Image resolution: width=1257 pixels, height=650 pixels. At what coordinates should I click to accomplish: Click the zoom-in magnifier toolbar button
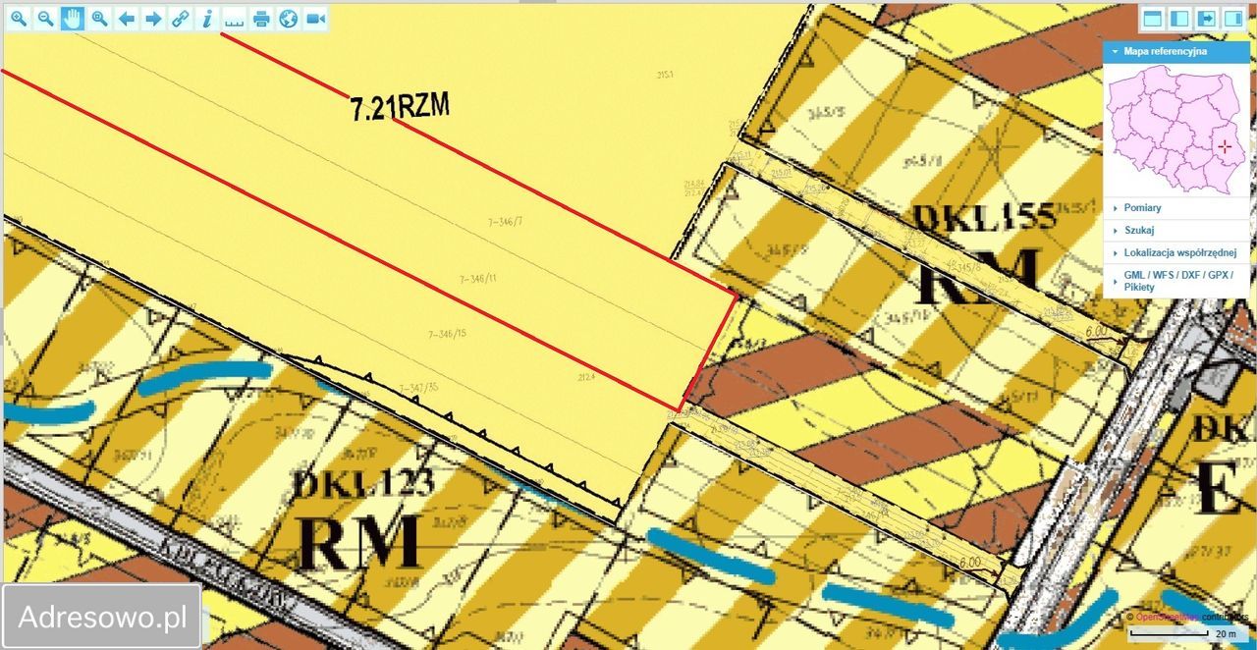coord(19,19)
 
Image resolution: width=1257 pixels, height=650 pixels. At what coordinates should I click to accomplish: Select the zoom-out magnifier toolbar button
coord(45,19)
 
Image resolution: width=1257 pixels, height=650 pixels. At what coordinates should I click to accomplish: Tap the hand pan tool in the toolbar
coord(72,19)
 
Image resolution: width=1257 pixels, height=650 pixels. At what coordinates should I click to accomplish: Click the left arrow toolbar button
coord(126,19)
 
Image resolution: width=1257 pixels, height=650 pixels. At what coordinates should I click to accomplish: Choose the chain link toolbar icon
coord(179,19)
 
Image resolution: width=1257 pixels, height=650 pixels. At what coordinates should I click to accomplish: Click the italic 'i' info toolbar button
coord(206,19)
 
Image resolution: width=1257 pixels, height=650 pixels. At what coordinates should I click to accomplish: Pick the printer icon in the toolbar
coord(260,19)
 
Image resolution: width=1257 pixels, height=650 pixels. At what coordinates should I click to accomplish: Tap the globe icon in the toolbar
coord(288,19)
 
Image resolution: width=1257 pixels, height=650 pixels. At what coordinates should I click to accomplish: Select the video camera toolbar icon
coord(314,19)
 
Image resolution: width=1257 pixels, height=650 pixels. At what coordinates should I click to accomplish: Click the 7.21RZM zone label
coord(400,106)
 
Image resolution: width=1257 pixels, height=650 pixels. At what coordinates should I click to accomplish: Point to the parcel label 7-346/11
coord(478,279)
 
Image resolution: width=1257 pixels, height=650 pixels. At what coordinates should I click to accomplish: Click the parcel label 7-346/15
coord(447,334)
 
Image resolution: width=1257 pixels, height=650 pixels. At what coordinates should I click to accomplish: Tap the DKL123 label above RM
coord(363,483)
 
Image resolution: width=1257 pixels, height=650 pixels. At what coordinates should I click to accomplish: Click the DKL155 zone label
coord(985,216)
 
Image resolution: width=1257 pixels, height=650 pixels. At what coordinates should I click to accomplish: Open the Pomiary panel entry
coord(1143,208)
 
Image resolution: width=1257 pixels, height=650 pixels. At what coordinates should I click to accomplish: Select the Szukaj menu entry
coord(1139,230)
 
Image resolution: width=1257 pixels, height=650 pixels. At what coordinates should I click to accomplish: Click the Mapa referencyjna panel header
coord(1166,51)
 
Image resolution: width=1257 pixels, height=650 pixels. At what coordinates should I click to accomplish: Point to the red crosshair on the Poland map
coord(1224,146)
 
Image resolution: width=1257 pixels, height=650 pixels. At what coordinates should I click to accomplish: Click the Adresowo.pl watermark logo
coord(102,617)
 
